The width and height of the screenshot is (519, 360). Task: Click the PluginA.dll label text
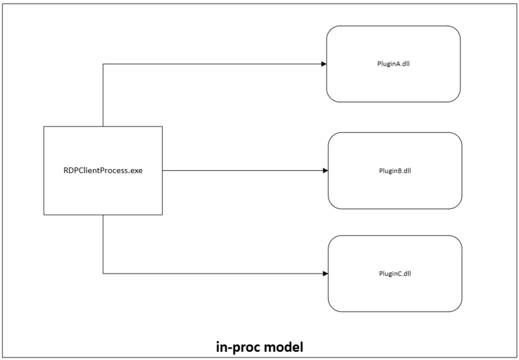click(x=393, y=64)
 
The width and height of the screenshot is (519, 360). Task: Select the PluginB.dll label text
click(x=395, y=171)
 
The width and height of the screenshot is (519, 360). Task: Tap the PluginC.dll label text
click(x=395, y=274)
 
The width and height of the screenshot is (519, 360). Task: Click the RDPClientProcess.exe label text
click(x=103, y=170)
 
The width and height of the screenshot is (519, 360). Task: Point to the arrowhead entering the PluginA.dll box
click(x=324, y=64)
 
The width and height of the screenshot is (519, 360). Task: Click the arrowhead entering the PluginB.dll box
click(x=325, y=171)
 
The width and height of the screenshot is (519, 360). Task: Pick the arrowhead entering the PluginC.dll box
click(x=325, y=274)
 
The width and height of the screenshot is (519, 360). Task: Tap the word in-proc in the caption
click(x=238, y=347)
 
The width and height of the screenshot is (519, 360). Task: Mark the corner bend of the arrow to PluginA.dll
click(x=103, y=64)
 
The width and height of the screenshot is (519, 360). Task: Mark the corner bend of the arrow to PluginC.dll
click(x=103, y=274)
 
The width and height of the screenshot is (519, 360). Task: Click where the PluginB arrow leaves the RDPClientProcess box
click(x=162, y=171)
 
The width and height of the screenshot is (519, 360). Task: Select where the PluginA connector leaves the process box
click(x=103, y=126)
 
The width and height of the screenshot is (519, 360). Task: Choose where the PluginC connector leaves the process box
click(x=103, y=215)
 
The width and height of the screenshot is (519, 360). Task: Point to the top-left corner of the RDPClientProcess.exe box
click(x=44, y=126)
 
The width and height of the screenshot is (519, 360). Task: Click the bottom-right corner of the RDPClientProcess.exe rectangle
click(x=162, y=215)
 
